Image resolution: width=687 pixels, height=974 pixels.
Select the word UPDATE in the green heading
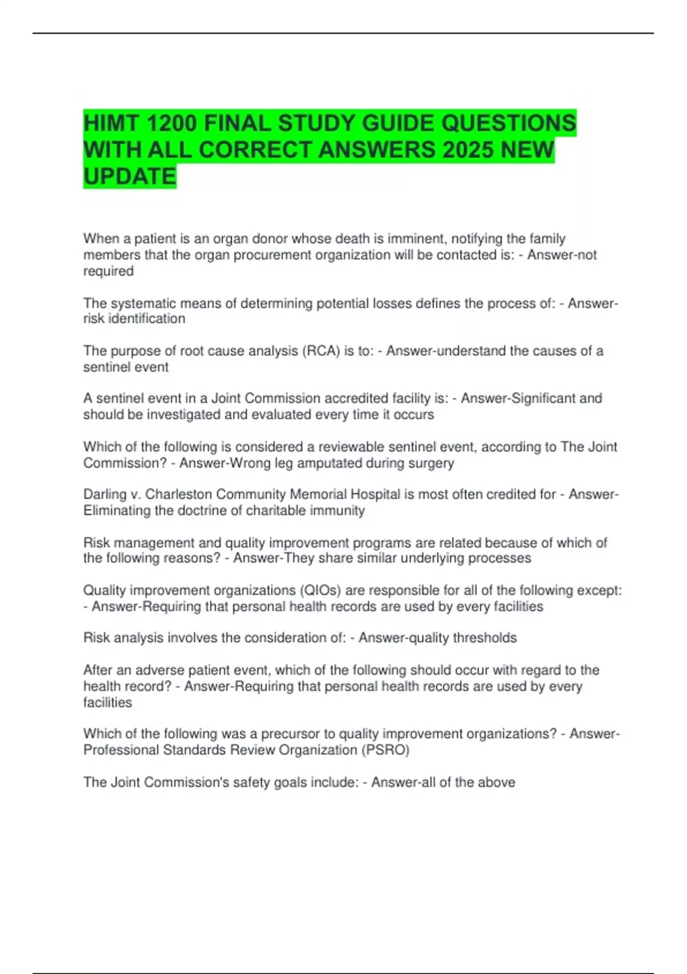(x=129, y=176)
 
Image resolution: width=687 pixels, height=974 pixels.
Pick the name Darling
(x=105, y=494)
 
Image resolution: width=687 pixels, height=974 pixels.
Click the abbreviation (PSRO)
(x=385, y=750)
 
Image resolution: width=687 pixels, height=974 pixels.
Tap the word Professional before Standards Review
(x=121, y=750)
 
